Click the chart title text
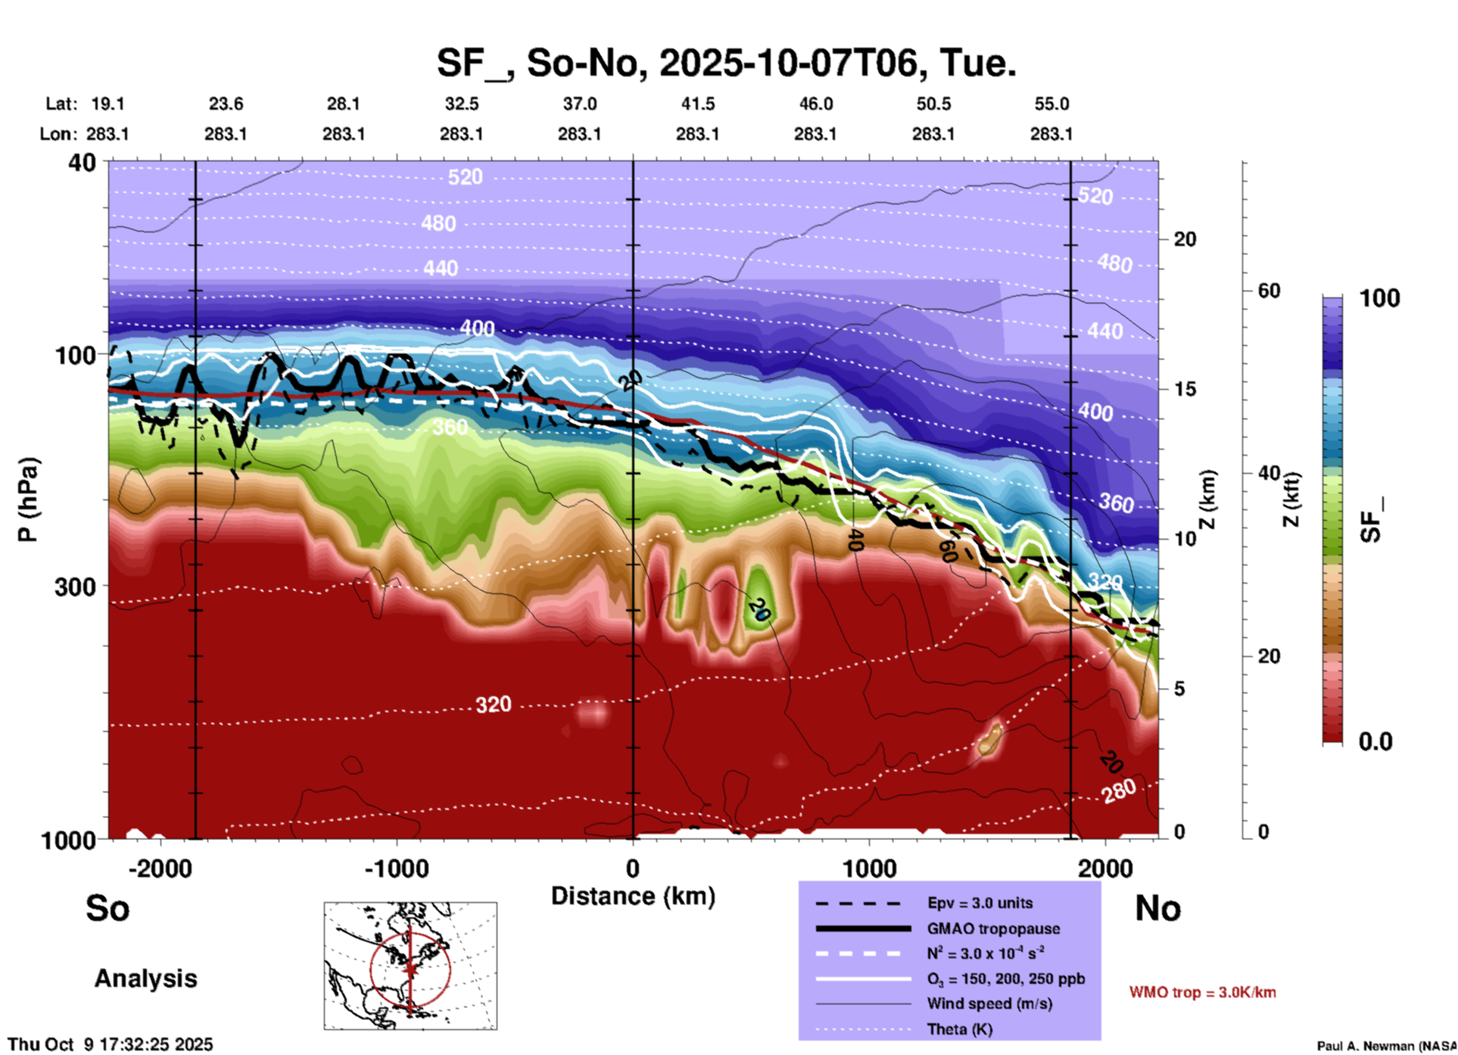point(726,63)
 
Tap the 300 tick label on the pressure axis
point(75,587)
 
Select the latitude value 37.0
point(579,104)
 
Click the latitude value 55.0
point(1051,104)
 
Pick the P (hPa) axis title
point(28,499)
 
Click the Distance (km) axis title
point(633,896)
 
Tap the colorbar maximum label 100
point(1379,298)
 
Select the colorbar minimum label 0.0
point(1375,741)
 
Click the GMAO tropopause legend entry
point(993,929)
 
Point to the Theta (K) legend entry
point(959,1029)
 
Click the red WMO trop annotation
point(1202,992)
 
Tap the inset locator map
point(410,965)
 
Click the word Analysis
point(145,979)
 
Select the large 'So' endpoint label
point(107,908)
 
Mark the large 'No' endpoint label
point(1157,908)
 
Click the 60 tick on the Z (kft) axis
point(1269,291)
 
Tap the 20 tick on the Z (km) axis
point(1185,239)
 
